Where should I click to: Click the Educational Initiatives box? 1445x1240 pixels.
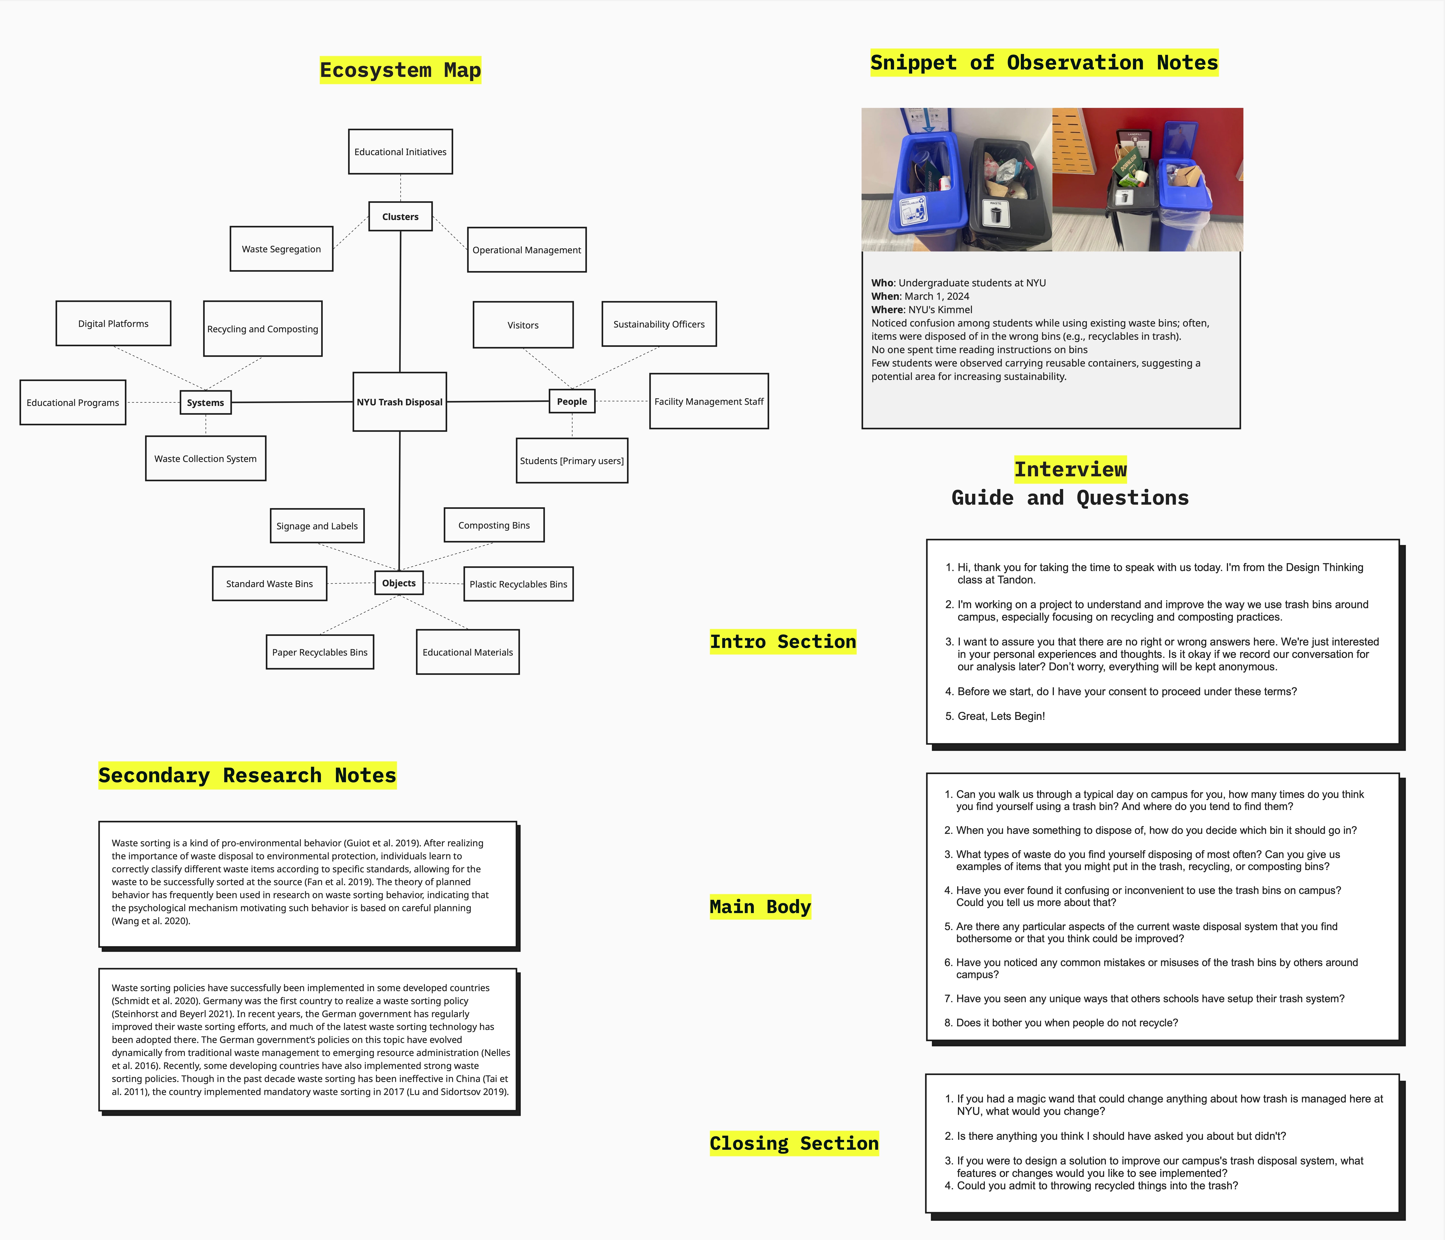pyautogui.click(x=400, y=152)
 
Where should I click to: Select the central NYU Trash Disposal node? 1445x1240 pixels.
pyautogui.click(x=400, y=402)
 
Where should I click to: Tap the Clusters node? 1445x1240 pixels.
pyautogui.click(x=400, y=216)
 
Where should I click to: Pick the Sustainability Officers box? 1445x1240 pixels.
pyautogui.click(x=659, y=324)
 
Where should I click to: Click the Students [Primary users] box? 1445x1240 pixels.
pyautogui.click(x=572, y=460)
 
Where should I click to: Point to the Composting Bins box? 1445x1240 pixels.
pyautogui.click(x=494, y=525)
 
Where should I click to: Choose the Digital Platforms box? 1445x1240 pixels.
pyautogui.click(x=113, y=323)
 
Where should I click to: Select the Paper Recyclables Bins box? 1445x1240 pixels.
pyautogui.click(x=319, y=652)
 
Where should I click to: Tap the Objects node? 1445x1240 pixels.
pyautogui.click(x=399, y=583)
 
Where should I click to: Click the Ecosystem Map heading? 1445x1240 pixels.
pyautogui.click(x=400, y=70)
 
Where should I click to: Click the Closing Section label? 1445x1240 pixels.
pyautogui.click(x=794, y=1143)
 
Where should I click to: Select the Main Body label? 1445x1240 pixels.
pyautogui.click(x=760, y=906)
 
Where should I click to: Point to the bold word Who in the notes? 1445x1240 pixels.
pyautogui.click(x=882, y=283)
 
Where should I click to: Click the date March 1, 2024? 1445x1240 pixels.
pyautogui.click(x=937, y=296)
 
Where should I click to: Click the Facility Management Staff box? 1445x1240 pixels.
pyautogui.click(x=709, y=401)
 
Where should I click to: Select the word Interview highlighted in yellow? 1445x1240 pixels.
pyautogui.click(x=1070, y=469)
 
